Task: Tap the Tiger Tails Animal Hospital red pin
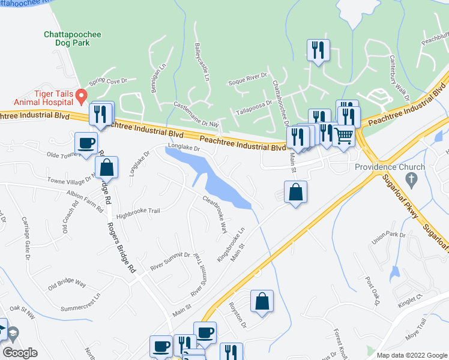85,95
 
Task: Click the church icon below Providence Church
411,179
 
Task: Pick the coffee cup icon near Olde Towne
86,143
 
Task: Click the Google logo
20,353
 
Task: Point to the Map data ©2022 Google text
411,355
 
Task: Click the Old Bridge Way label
67,283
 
